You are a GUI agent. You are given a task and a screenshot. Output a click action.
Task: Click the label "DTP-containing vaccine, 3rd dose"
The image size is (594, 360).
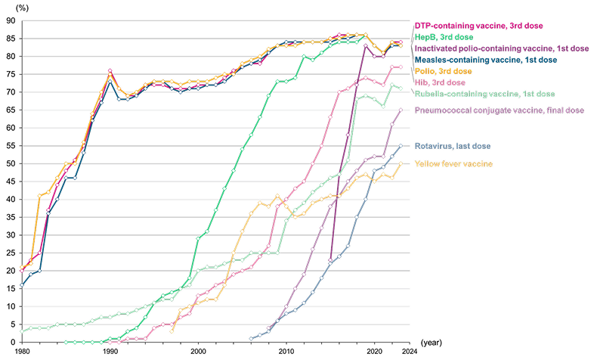[478, 26]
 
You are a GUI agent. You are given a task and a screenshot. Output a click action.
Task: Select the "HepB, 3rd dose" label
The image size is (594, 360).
[444, 37]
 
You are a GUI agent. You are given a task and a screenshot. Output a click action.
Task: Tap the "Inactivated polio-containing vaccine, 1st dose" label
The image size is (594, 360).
[502, 48]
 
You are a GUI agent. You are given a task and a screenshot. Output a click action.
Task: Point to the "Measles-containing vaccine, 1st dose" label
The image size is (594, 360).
[486, 59]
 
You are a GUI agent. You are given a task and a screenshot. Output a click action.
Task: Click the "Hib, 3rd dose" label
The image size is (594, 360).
[440, 82]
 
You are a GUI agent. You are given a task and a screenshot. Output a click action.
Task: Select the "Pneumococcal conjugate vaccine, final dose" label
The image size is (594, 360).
[500, 110]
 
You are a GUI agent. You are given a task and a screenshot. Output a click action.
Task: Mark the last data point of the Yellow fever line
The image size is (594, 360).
[401, 163]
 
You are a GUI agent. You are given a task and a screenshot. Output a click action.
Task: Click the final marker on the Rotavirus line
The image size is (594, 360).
[401, 145]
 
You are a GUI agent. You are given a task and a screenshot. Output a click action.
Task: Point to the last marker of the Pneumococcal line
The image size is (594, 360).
[401, 110]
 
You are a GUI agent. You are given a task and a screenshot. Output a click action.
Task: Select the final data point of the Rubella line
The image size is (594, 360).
[401, 89]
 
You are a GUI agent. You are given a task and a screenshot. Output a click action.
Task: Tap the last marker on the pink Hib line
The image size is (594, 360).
[401, 67]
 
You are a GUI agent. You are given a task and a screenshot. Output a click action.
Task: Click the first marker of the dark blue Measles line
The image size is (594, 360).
[21, 286]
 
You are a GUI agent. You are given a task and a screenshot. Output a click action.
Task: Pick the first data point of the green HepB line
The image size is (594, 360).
[66, 342]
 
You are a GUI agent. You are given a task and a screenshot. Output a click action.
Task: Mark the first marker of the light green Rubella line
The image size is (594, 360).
[21, 331]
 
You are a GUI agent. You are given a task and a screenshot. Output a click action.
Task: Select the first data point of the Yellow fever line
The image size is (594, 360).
[172, 331]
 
